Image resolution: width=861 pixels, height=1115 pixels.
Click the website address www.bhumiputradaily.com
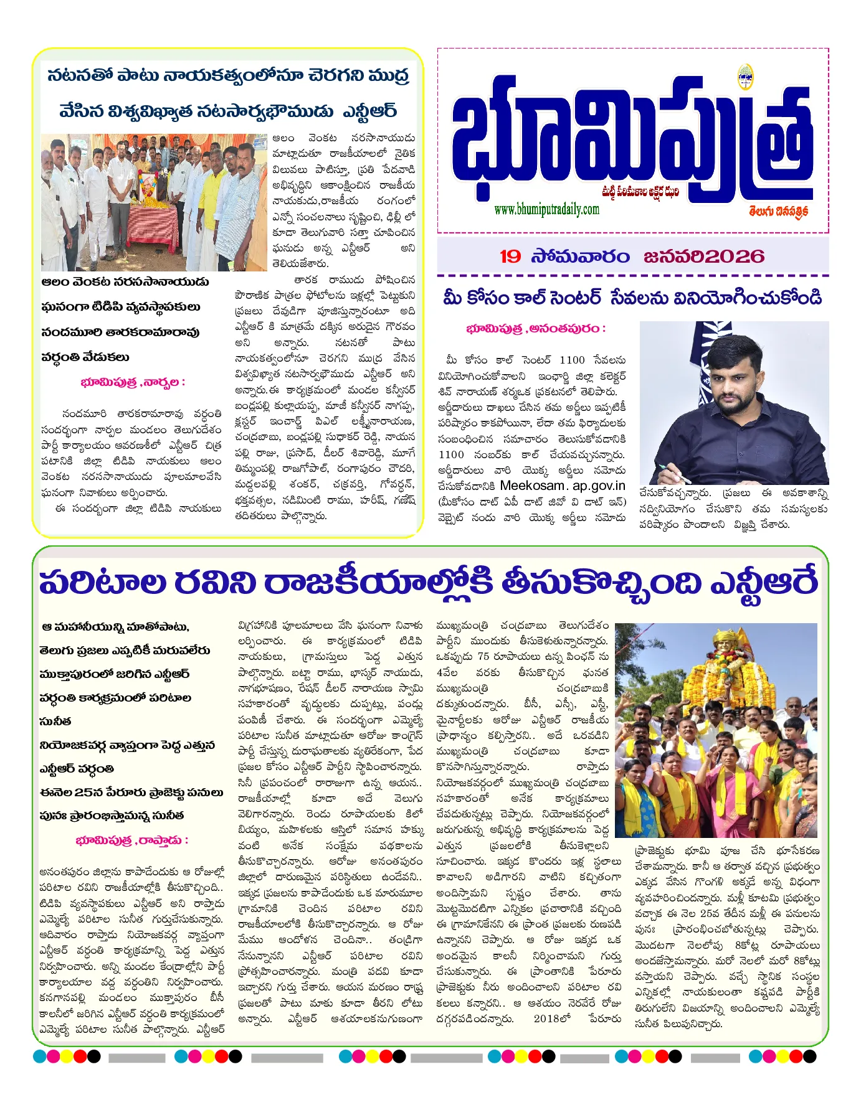pos(546,209)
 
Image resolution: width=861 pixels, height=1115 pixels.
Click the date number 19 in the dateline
pos(510,256)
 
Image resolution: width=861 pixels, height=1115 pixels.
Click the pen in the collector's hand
pos(672,474)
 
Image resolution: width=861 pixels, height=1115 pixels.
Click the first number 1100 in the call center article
pos(572,360)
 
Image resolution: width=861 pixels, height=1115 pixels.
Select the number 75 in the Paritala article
pos(483,656)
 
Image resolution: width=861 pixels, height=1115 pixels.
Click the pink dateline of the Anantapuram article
pos(535,328)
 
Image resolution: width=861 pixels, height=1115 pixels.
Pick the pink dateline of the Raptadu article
pos(131,840)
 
